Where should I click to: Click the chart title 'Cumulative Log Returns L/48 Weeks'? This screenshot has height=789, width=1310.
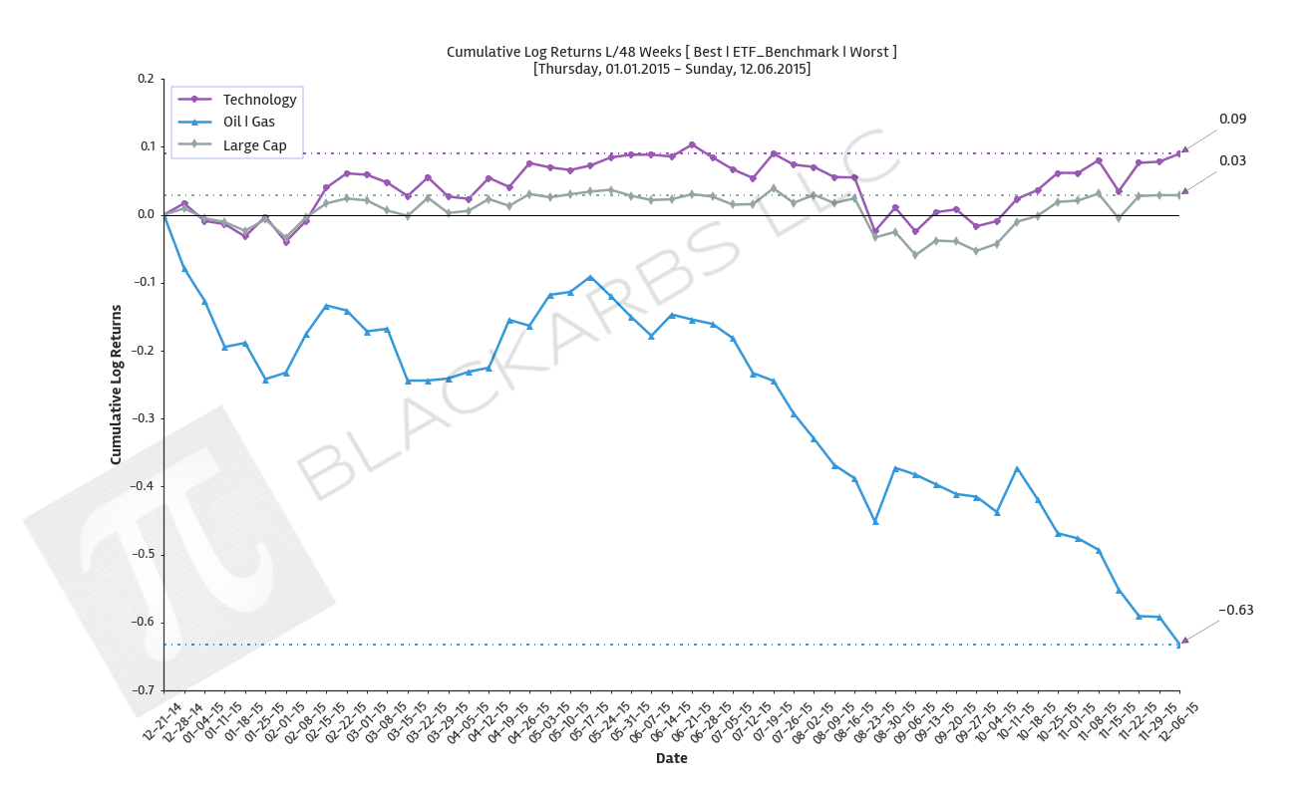671,52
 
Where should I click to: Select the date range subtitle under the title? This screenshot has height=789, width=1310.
671,69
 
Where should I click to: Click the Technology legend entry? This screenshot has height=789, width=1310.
259,100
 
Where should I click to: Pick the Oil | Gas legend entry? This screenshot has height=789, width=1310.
248,123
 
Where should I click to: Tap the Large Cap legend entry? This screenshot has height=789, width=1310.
254,145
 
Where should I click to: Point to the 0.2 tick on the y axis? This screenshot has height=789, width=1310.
146,80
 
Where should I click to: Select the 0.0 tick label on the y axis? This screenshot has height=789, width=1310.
146,215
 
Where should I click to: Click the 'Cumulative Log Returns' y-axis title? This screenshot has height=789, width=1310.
116,385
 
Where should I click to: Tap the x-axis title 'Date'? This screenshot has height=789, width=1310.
671,759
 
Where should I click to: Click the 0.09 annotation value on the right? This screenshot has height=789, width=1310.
1232,120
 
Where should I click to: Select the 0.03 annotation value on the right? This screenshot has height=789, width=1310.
1232,161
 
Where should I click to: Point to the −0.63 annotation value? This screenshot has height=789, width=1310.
1235,611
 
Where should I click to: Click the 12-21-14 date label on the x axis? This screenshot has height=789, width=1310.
164,719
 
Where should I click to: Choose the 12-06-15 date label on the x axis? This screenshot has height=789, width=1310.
1179,719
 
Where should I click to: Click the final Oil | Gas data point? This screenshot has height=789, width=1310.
1179,645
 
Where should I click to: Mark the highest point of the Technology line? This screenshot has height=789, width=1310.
692,144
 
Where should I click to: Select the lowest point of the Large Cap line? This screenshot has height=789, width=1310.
915,255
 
